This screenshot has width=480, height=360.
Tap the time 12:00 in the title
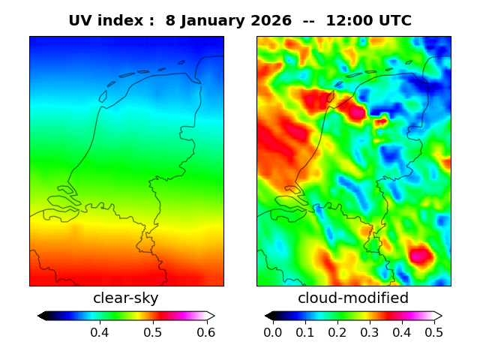349,21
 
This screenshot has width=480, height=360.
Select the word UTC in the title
394,21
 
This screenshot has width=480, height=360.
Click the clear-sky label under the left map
126,298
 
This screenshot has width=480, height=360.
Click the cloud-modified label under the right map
353,298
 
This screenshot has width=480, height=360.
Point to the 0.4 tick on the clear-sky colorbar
100,332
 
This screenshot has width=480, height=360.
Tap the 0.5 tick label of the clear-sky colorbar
153,332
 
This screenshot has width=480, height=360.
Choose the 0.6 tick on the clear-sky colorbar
205,332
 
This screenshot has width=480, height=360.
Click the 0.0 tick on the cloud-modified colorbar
273,332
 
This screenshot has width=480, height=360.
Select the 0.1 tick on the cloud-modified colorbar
305,332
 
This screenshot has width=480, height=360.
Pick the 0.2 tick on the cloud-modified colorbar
337,332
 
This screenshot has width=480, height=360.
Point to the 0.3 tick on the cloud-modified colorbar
370,332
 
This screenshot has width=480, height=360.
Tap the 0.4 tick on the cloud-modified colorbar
402,332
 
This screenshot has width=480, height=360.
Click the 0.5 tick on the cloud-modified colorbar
433,332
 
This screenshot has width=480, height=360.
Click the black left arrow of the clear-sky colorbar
42,316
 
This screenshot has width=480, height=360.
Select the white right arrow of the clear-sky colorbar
211,316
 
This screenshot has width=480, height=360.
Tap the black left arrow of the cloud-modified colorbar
269,316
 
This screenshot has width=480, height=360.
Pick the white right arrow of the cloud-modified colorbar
438,316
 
